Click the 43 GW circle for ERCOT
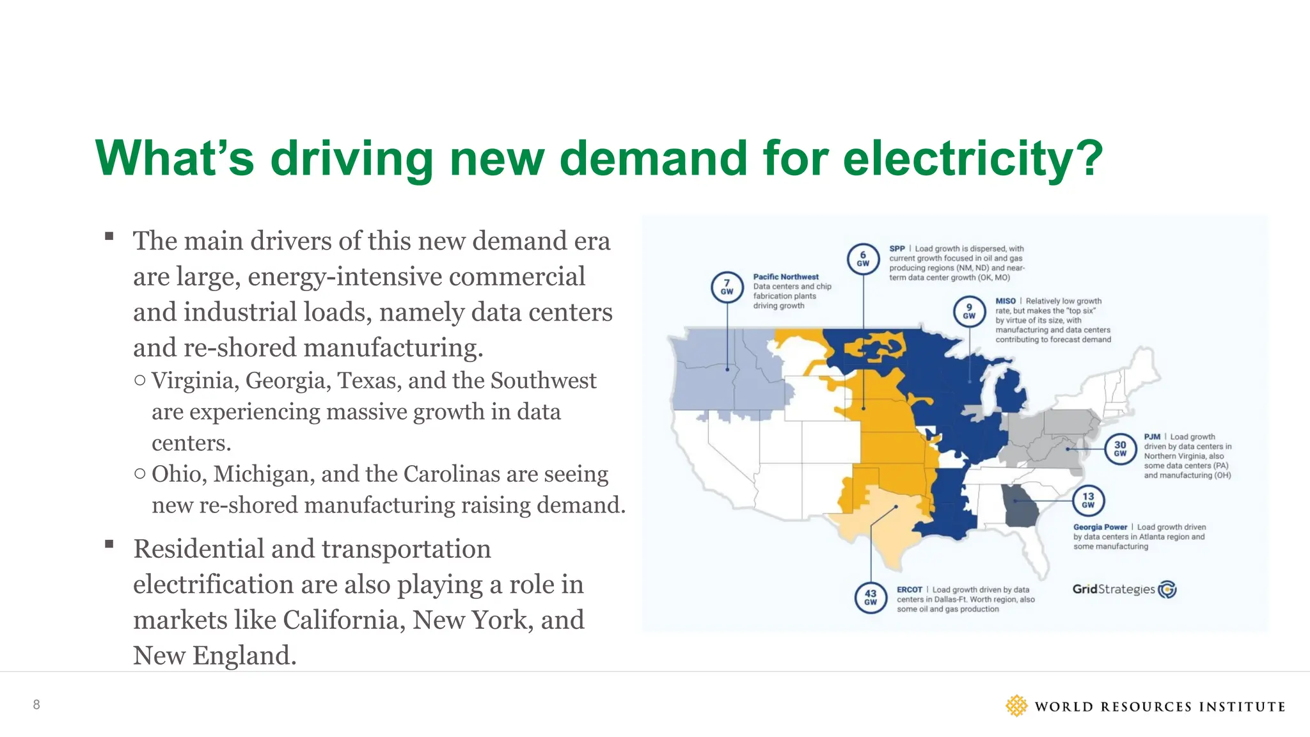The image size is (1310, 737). click(871, 598)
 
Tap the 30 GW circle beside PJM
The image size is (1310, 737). click(1120, 448)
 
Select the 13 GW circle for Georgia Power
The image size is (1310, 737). click(1088, 500)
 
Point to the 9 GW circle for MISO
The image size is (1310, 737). click(969, 311)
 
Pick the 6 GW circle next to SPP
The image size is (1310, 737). click(863, 258)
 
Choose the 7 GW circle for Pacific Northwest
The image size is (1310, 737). click(727, 287)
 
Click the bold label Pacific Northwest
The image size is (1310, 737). click(785, 277)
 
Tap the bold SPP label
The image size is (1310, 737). click(897, 249)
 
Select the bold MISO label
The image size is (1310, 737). click(1005, 301)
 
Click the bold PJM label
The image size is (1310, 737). click(1152, 437)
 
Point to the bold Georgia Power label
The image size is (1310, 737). click(1100, 527)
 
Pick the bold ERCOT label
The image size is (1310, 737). click(909, 590)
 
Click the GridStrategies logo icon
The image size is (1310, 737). click(1167, 589)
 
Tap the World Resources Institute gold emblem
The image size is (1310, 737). click(1016, 706)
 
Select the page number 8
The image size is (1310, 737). click(36, 704)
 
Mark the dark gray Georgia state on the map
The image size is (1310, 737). click(1021, 507)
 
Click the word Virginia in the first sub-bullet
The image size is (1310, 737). click(194, 381)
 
